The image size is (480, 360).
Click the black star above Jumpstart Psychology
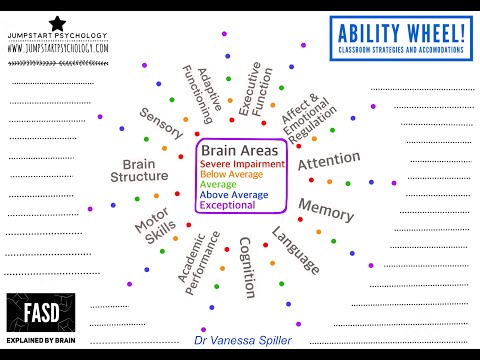tap(57, 22)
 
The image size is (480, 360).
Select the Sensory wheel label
tap(162, 124)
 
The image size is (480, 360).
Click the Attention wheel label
tap(328, 161)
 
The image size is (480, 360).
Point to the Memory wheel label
tap(326, 210)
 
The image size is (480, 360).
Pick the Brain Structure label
tap(145, 171)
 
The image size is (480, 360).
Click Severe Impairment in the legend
tap(242, 163)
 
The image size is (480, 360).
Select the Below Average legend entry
tap(230, 174)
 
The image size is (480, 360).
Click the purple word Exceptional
tap(227, 206)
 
